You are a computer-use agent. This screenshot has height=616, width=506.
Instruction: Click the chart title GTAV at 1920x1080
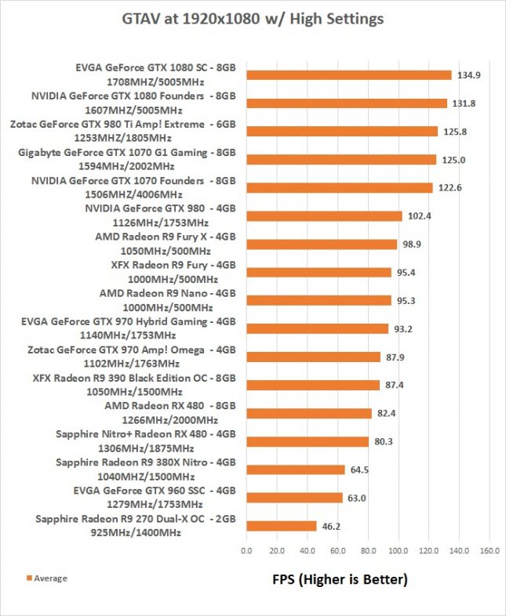(253, 18)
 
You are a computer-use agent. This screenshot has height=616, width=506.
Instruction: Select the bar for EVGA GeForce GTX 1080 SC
(348, 75)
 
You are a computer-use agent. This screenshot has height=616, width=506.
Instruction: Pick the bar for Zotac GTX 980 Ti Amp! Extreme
(341, 132)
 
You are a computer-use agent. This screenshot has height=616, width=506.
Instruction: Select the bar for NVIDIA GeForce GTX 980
(324, 216)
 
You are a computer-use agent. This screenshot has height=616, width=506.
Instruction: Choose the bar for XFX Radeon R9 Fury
(319, 273)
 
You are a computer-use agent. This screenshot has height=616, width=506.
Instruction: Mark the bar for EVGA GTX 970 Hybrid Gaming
(317, 329)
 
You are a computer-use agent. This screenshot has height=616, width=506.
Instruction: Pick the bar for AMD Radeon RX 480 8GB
(308, 413)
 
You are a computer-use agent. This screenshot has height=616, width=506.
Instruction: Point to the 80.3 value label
(383, 441)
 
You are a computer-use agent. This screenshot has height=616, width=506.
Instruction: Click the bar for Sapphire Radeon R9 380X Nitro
(295, 469)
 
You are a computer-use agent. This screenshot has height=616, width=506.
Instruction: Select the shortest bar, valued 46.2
(281, 526)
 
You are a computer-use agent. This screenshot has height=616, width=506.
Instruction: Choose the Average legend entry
(48, 578)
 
